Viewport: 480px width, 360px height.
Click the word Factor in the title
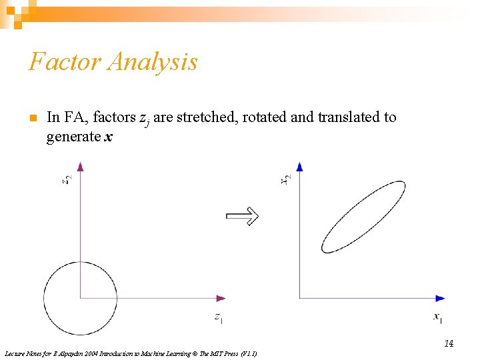coord(64,62)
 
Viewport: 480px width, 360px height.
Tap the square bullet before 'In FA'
coord(31,118)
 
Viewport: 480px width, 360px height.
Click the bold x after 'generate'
coord(108,137)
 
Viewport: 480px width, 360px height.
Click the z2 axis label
coord(67,180)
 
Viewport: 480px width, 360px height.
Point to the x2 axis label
coord(286,179)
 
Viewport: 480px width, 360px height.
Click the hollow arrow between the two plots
coord(242,215)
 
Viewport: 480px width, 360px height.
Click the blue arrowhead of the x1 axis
coord(440,298)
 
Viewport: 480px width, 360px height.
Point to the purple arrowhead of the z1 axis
coord(221,298)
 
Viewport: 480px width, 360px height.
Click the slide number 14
coord(449,343)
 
